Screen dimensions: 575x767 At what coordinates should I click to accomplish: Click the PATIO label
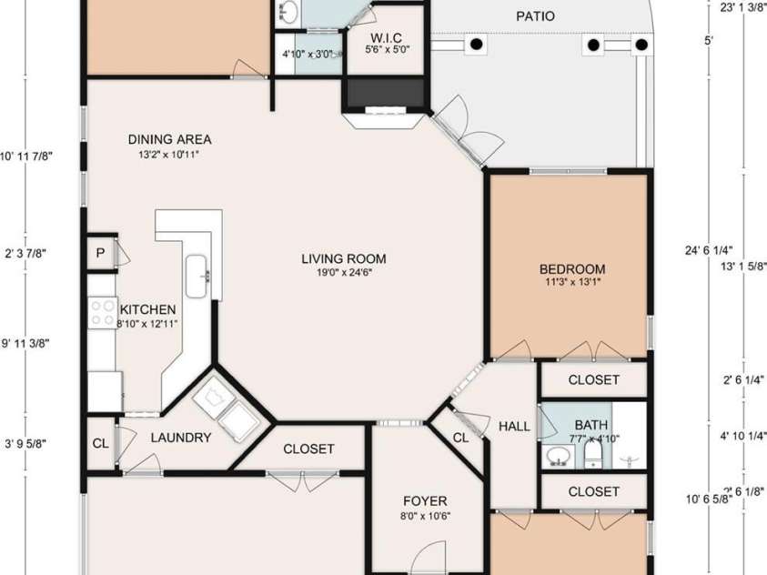[535, 16]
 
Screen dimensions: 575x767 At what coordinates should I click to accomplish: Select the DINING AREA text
[169, 139]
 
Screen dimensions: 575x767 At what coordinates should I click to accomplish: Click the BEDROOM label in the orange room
[571, 268]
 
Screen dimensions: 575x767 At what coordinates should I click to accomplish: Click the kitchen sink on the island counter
[198, 277]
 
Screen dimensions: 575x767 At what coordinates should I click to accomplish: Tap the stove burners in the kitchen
[102, 313]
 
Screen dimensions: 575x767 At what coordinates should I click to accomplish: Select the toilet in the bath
[593, 452]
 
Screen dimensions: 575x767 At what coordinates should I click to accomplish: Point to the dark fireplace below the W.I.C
[384, 93]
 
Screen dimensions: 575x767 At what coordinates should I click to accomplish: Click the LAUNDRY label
[180, 438]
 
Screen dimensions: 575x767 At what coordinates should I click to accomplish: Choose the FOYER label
[425, 501]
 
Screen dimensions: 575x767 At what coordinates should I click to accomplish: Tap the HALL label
[514, 427]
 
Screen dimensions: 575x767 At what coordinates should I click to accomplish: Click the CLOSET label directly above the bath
[593, 379]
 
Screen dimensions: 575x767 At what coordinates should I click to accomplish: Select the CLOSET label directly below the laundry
[308, 449]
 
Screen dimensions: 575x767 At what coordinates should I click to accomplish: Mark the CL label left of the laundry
[99, 445]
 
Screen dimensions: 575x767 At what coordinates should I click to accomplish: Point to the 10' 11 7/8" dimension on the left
[26, 156]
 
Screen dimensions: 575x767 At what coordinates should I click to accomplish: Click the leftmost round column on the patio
[476, 44]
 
